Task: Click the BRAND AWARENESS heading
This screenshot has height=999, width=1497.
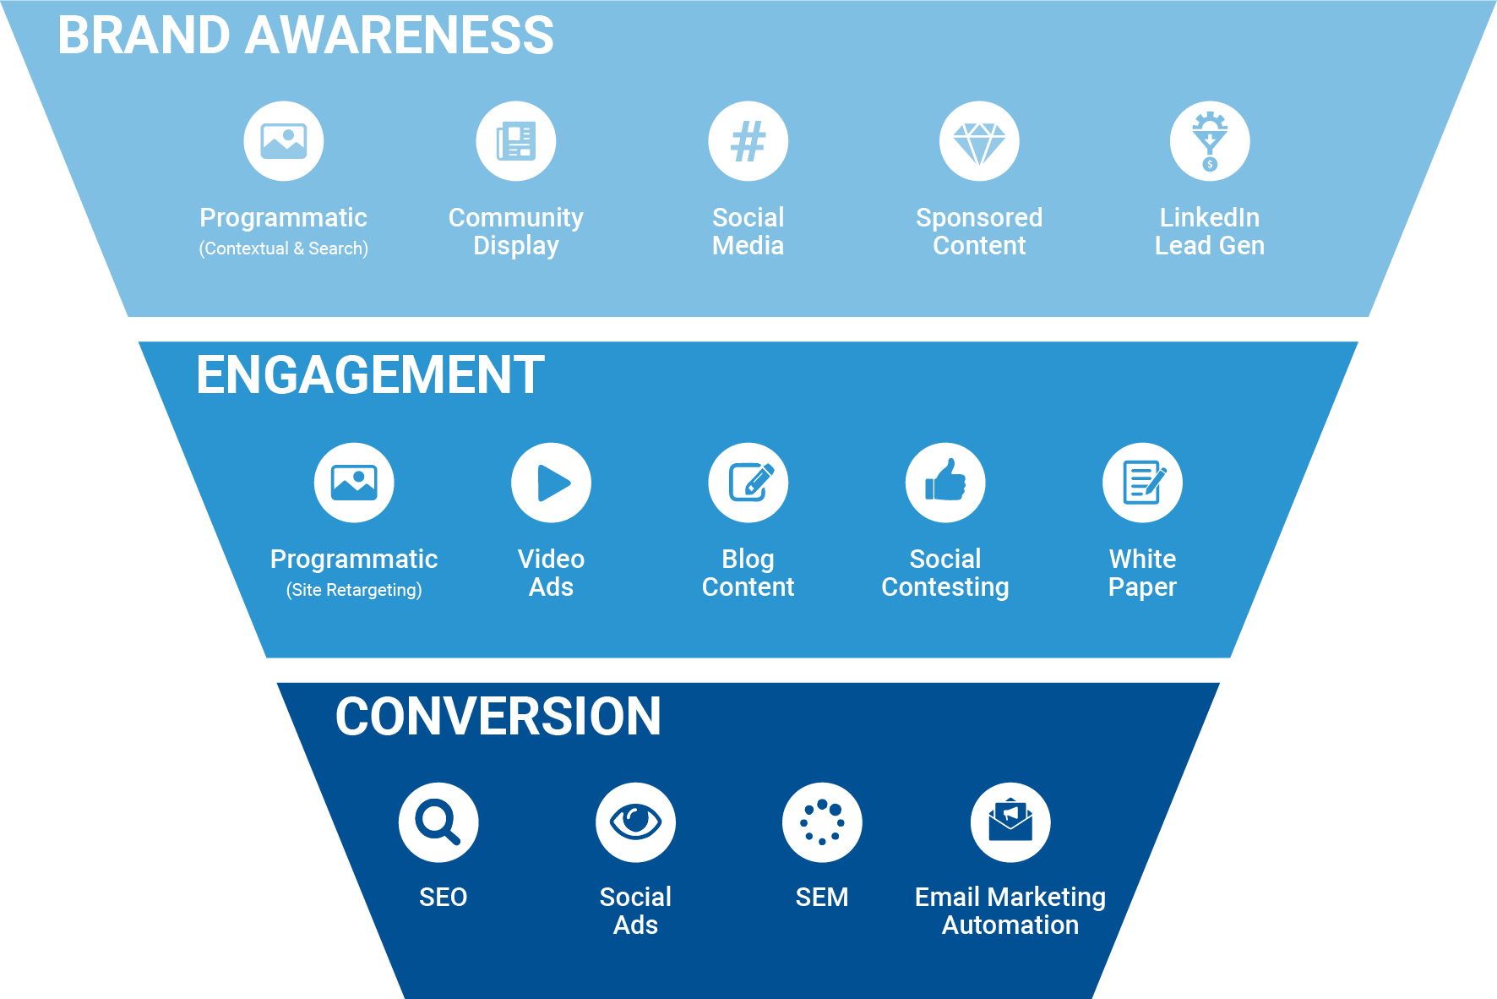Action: [x=305, y=35]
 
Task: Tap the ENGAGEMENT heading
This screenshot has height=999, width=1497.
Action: [x=370, y=375]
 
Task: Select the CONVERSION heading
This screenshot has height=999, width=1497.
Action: [x=498, y=717]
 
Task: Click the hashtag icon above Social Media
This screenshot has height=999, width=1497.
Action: [x=748, y=141]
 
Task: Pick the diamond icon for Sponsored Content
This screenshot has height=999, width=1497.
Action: [x=979, y=141]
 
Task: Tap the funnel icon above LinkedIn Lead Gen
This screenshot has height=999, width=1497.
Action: [x=1210, y=141]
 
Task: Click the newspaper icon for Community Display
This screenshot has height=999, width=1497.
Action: [x=515, y=141]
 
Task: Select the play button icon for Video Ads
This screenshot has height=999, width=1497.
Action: [x=551, y=483]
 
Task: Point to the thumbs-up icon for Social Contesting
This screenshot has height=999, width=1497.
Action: [x=945, y=483]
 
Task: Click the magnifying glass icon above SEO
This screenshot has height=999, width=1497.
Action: [x=438, y=822]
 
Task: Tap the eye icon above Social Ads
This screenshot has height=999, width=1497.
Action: [x=635, y=822]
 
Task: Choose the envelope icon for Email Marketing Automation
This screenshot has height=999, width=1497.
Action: [x=1010, y=822]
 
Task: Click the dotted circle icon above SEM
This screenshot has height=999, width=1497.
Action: [x=822, y=822]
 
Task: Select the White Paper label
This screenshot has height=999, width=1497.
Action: [x=1142, y=573]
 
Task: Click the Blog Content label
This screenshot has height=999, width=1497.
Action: [x=748, y=573]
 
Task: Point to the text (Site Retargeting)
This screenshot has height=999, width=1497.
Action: [x=354, y=590]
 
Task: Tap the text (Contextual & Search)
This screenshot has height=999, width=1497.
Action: [x=283, y=248]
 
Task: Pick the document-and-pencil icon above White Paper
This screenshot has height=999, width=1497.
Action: [x=1142, y=483]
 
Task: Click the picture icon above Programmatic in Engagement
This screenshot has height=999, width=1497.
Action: [x=354, y=483]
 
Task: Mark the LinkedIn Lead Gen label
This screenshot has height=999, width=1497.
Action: [x=1210, y=232]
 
